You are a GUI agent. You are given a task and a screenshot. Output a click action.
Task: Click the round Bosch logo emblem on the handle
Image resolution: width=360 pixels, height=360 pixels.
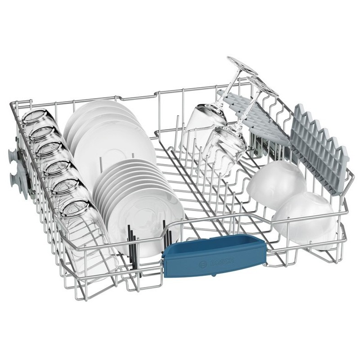[x=203, y=265]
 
